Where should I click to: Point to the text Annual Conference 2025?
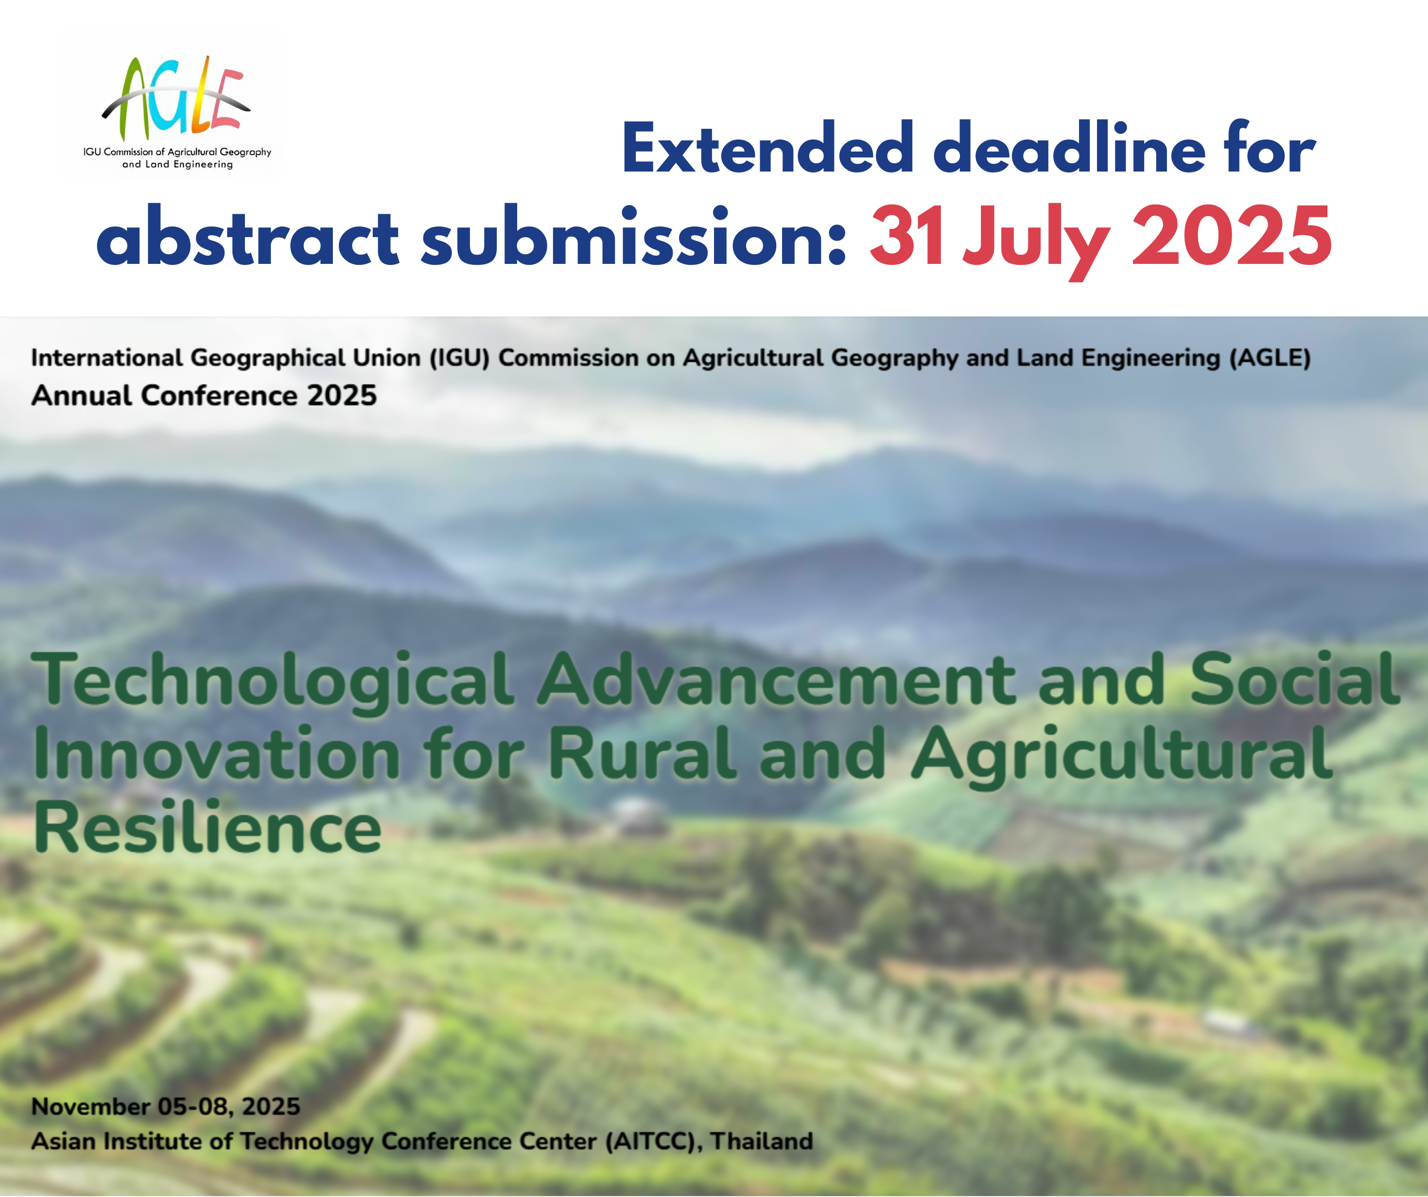click(204, 395)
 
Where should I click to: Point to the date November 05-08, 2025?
click(166, 1107)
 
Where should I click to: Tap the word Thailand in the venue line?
click(762, 1141)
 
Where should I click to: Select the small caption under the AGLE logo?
click(177, 158)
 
